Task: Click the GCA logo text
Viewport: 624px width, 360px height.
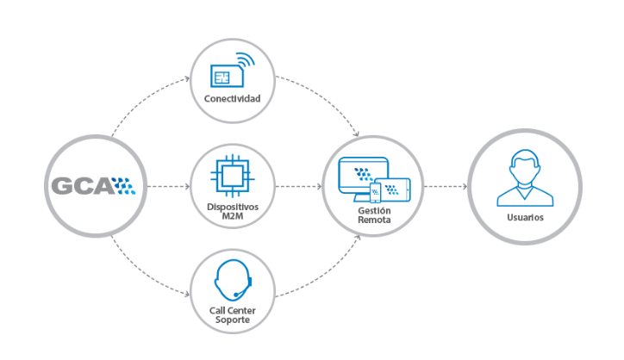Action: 84,186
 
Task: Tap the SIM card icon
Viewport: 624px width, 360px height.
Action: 227,76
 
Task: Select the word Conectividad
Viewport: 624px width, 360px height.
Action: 232,98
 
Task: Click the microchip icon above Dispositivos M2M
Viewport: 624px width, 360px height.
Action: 233,176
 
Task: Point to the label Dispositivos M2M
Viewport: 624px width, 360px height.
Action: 233,211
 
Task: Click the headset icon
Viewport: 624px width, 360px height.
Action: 233,280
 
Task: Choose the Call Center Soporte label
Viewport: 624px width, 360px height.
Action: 233,314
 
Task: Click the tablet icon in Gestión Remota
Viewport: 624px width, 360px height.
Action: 393,189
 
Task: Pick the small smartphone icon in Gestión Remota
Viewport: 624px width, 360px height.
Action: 375,193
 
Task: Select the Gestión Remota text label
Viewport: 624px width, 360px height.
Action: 374,214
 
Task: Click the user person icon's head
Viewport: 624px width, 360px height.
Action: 525,167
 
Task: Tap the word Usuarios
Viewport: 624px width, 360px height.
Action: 525,217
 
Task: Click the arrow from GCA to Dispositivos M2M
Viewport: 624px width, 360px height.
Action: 169,186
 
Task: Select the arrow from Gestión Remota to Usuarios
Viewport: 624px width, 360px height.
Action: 446,186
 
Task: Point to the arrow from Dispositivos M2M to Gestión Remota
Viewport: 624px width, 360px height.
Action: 298,186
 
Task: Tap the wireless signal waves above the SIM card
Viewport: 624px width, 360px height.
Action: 246,59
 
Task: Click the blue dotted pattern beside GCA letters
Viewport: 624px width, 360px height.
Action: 124,186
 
